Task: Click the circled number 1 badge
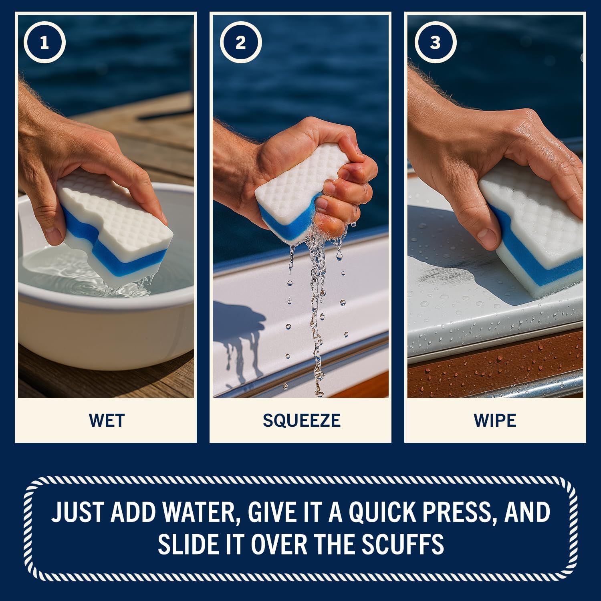tap(44, 42)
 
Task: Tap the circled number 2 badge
tap(240, 42)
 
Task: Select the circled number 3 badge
tap(435, 42)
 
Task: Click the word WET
tap(107, 420)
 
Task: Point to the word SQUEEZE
tap(301, 420)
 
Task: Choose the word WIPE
tap(495, 420)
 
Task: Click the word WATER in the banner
tap(199, 512)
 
